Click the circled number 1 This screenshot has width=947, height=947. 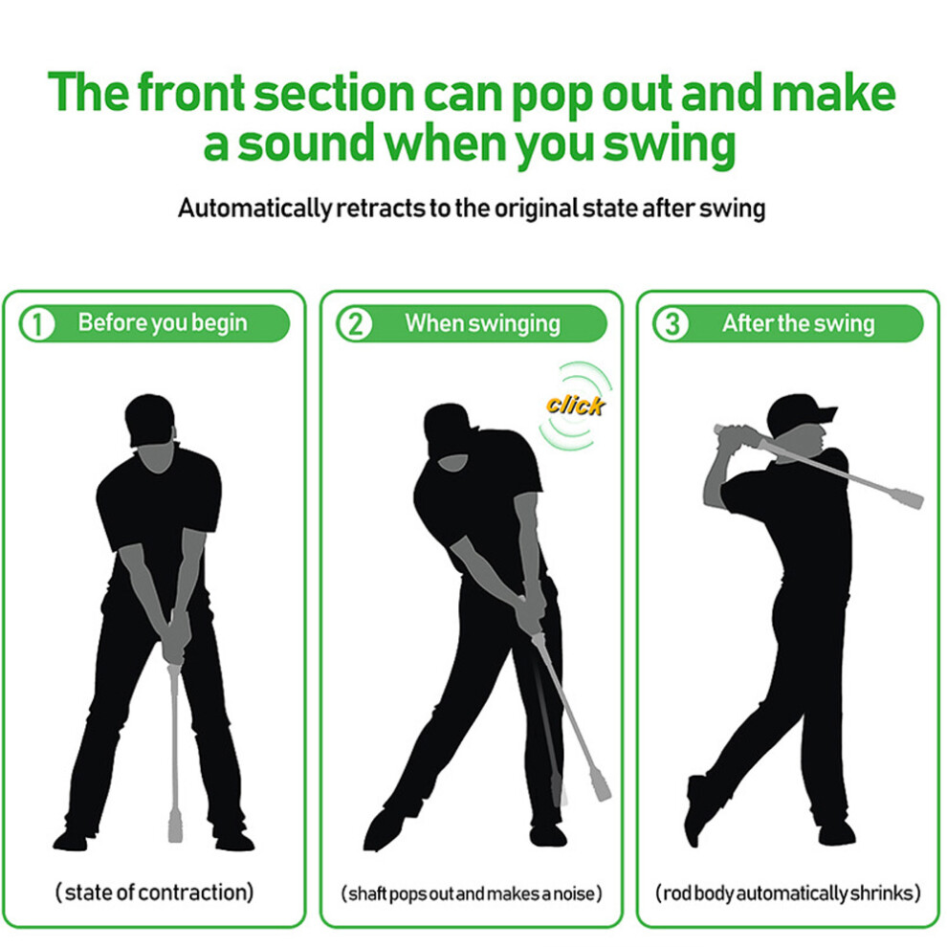37,323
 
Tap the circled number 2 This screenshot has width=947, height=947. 355,323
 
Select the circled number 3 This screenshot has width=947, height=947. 672,323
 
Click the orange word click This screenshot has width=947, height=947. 575,405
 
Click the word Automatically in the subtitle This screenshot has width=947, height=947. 254,209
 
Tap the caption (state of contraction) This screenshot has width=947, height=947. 155,892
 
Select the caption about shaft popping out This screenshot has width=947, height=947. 472,893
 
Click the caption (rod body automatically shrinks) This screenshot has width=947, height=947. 788,892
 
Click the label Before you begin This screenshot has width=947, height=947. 163,323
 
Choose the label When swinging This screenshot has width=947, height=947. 482,323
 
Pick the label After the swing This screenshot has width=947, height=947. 799,323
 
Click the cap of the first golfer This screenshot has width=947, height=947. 149,418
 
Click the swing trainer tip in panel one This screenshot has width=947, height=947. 175,828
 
